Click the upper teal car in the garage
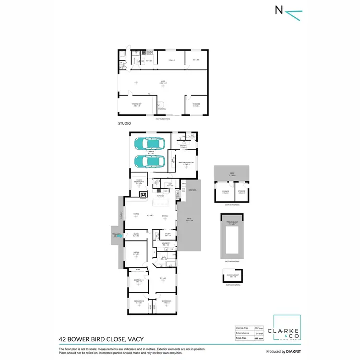point(149,143)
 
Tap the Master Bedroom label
point(186,162)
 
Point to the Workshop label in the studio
point(136,105)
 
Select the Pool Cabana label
point(233,223)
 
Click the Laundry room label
point(166,244)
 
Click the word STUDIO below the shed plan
point(124,124)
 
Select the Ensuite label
point(183,146)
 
